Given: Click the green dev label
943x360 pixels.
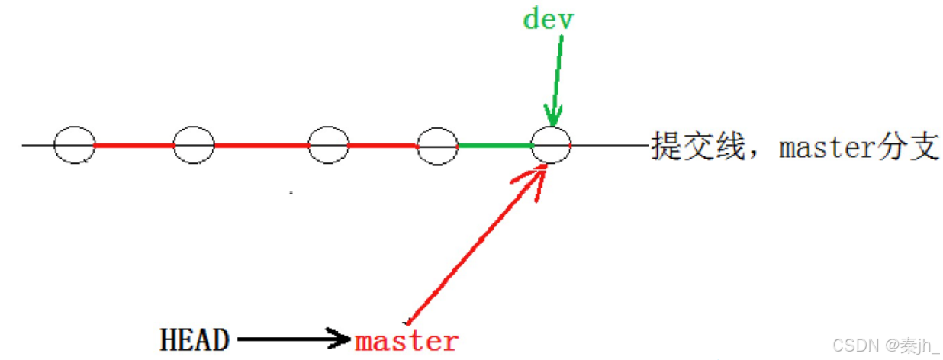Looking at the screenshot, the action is pos(548,19).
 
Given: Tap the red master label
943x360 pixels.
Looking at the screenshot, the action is pos(407,340).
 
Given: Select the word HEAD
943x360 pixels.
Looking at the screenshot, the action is pos(195,340).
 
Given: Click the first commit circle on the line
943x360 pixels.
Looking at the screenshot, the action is pos(74,145).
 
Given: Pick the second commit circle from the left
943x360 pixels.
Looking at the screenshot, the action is pos(194,145).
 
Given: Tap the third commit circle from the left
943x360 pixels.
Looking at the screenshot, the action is pos(328,145).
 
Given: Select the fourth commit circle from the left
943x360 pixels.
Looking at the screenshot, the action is pos(436,145).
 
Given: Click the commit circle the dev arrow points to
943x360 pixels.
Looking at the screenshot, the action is pos(551,145).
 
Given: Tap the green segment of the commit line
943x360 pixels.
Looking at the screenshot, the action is pos(494,145).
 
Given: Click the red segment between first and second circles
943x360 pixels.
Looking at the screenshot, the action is pos(134,145).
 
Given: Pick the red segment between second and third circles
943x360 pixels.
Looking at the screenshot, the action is pos(261,145).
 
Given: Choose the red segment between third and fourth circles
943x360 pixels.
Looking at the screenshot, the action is pos(382,145).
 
